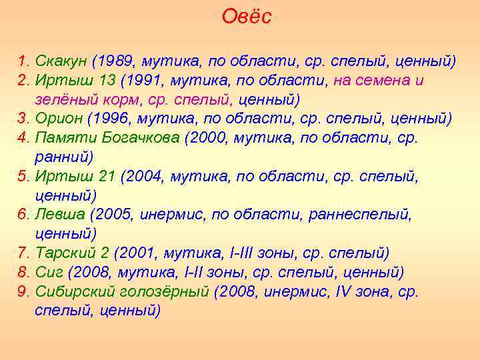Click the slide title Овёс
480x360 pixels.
(247, 17)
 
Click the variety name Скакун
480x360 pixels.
(61, 62)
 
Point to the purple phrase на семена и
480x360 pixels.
(378, 81)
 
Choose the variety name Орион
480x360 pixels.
(58, 119)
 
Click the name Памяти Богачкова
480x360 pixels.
(106, 138)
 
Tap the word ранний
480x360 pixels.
(61, 157)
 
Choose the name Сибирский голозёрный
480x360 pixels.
(122, 292)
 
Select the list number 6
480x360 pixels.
(23, 215)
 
